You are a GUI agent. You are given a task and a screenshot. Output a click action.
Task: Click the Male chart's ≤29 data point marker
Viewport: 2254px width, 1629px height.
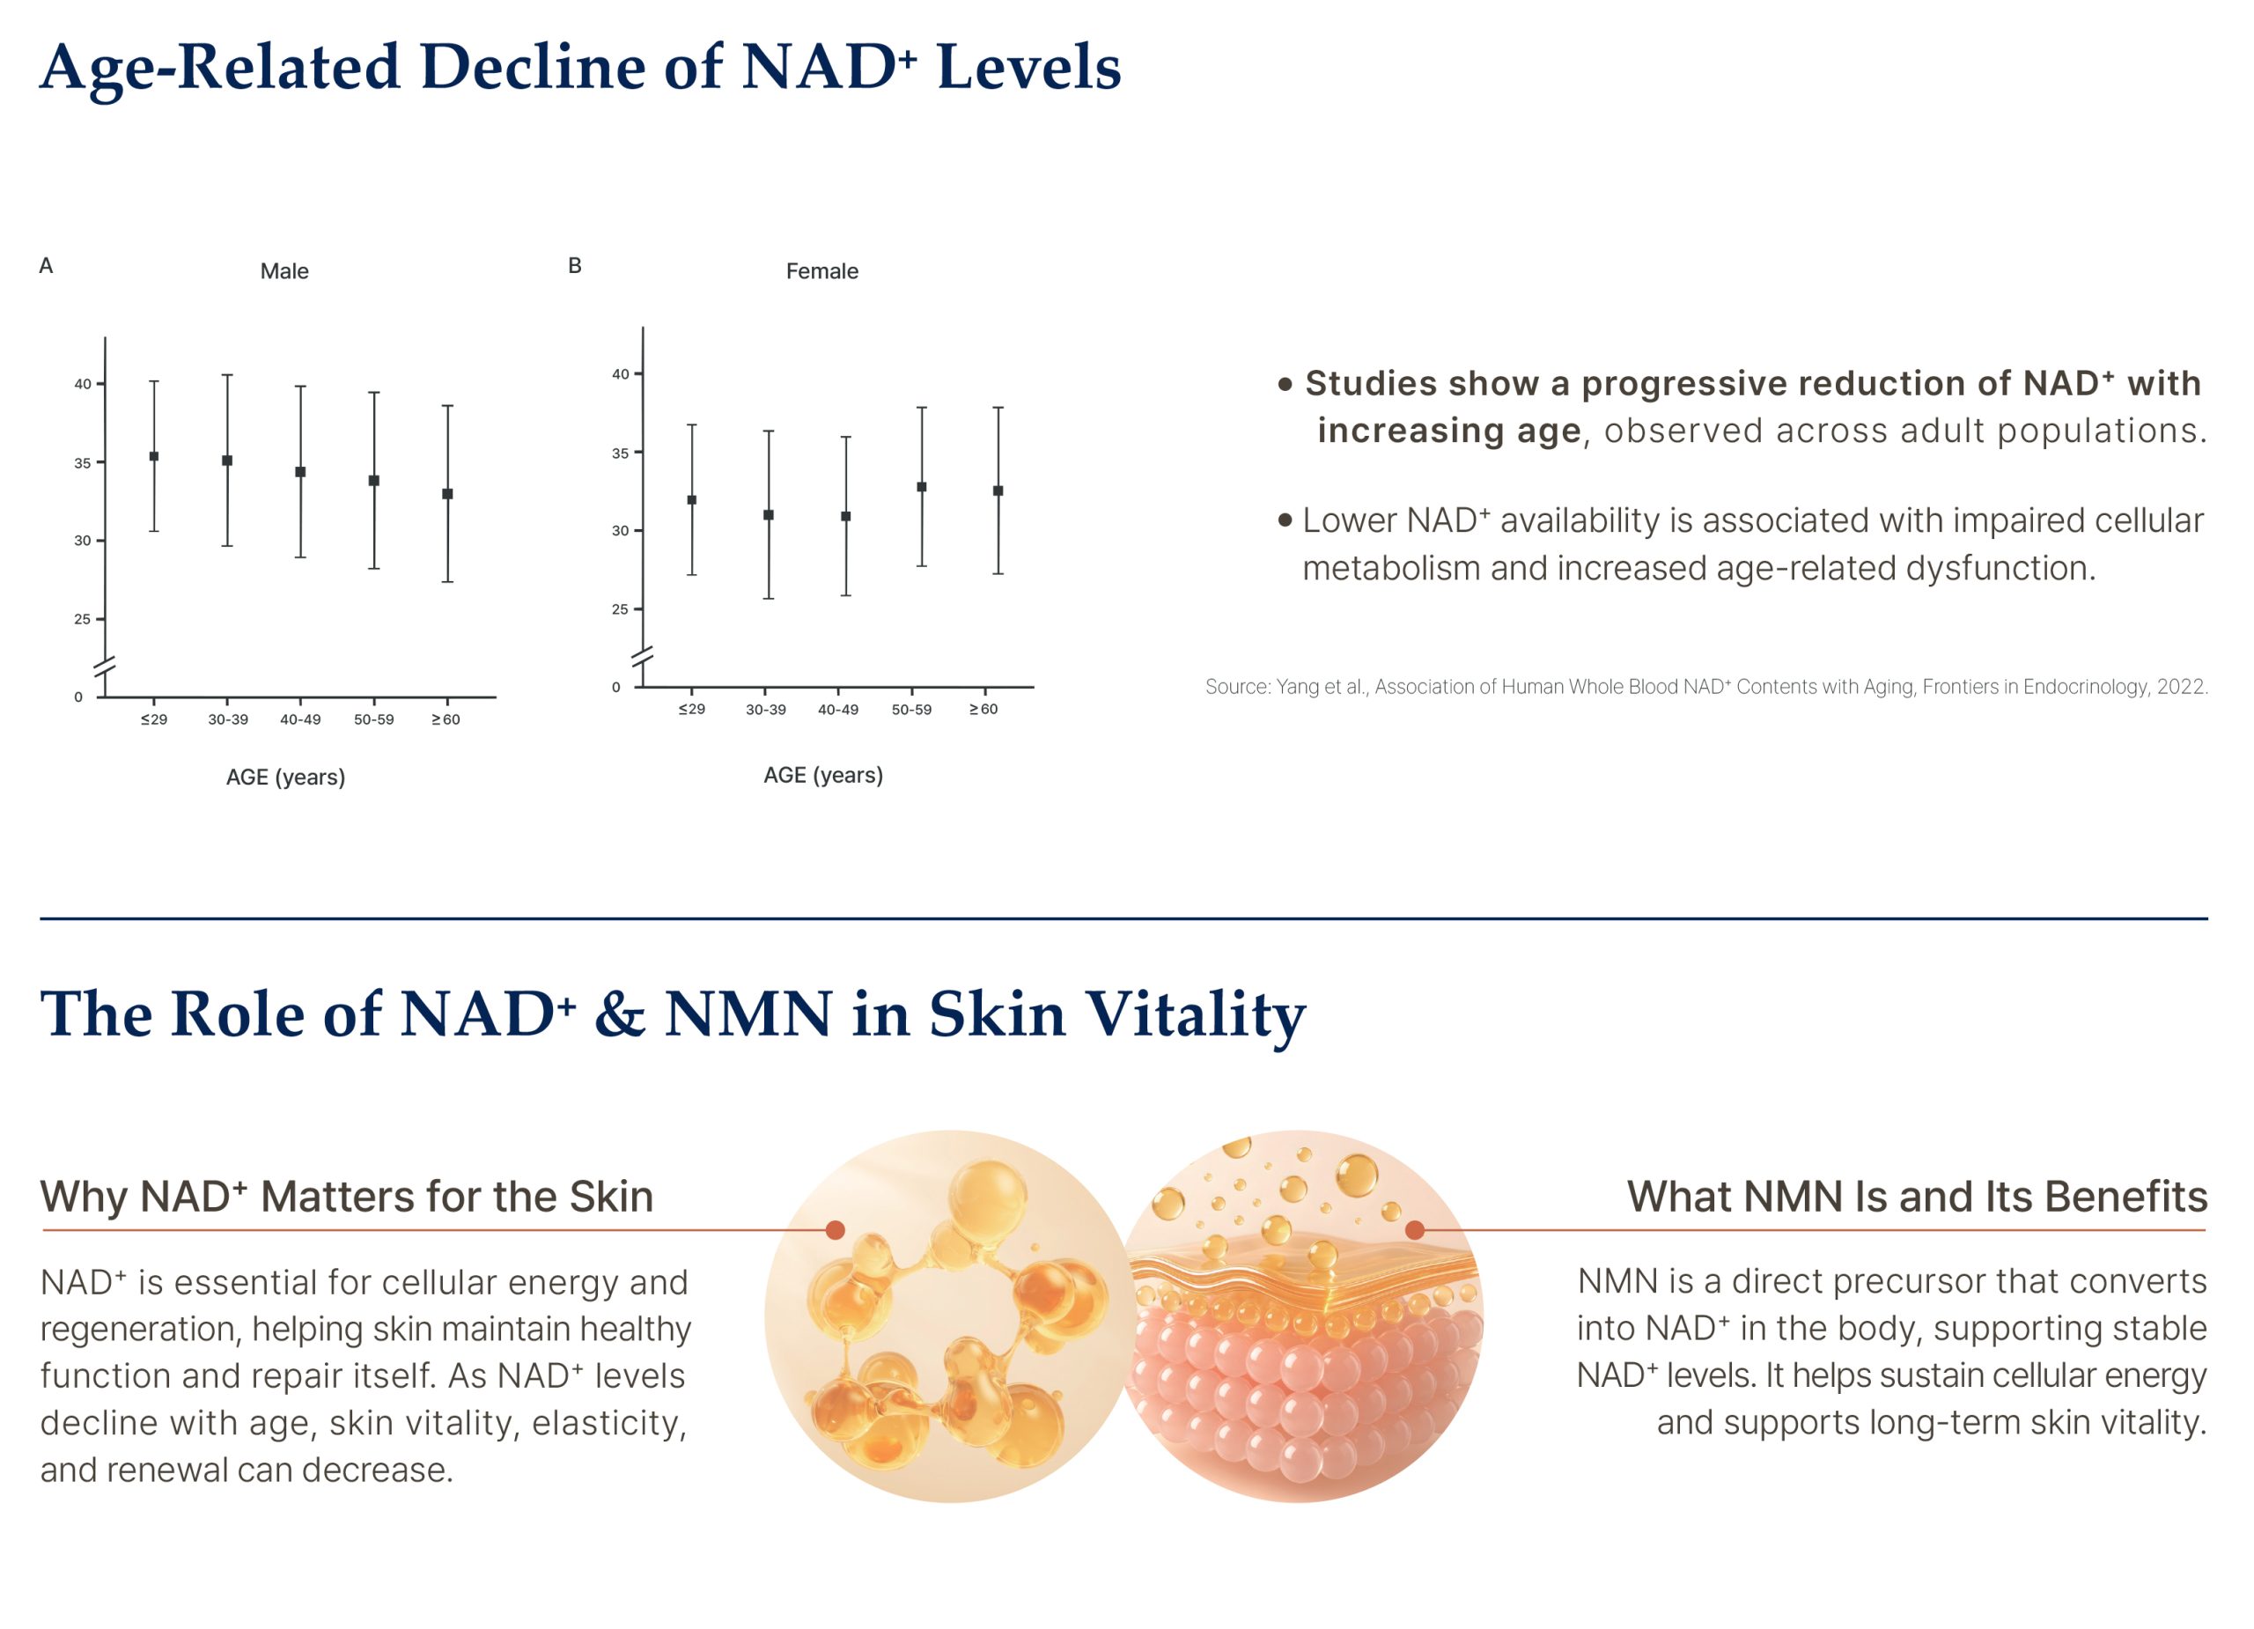coord(154,457)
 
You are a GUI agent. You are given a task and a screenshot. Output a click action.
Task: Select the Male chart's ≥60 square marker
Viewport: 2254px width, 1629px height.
coord(447,494)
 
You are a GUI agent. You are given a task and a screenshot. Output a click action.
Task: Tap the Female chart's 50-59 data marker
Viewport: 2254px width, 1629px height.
coord(921,487)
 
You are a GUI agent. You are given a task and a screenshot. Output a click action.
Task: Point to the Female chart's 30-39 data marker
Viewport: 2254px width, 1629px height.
coord(769,515)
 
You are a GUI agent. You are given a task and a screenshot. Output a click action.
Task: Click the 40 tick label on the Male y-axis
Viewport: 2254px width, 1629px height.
coord(83,385)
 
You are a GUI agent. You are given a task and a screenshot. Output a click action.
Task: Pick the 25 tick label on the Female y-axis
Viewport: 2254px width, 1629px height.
coord(620,609)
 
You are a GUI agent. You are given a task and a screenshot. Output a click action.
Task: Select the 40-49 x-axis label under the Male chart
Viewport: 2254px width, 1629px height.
coord(300,719)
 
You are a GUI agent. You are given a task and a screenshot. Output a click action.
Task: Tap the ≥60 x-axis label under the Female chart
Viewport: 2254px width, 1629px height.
coord(983,710)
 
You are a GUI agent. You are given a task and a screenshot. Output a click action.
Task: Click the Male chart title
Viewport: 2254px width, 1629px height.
coord(284,271)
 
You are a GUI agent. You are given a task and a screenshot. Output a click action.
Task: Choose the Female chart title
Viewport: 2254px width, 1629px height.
coord(821,271)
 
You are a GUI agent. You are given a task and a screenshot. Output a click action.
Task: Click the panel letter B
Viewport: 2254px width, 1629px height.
coord(574,265)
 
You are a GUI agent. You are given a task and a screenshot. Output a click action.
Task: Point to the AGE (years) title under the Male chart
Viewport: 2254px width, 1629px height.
coord(285,778)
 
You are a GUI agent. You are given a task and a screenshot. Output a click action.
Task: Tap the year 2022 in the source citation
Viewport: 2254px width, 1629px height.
coord(2182,687)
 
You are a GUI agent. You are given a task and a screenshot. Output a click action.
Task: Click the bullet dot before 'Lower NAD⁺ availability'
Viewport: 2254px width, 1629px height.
coord(1285,520)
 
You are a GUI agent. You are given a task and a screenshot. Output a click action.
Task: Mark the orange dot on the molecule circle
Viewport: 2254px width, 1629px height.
coord(835,1230)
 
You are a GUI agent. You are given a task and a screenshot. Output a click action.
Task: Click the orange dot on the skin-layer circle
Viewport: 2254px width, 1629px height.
coord(1415,1230)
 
